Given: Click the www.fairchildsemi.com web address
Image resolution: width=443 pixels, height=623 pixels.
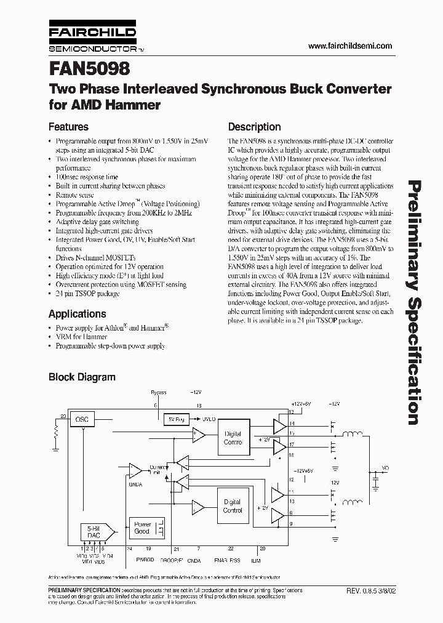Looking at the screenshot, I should tap(349, 46).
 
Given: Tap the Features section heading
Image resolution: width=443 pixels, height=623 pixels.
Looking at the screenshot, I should tap(68, 127).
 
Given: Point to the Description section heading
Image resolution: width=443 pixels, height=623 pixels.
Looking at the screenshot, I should tap(254, 127).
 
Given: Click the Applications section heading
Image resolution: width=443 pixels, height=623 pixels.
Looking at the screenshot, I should tap(77, 313).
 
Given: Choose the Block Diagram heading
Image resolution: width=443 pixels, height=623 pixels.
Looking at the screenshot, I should tap(82, 377).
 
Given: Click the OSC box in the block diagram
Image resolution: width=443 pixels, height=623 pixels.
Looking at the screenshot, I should tap(82, 419).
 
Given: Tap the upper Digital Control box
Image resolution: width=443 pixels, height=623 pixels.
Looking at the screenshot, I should tap(233, 438).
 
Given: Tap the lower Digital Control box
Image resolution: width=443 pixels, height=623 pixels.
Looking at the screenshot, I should tap(233, 506).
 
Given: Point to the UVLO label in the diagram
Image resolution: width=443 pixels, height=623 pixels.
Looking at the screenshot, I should tap(208, 419).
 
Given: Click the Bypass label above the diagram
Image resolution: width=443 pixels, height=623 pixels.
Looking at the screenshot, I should tap(158, 392).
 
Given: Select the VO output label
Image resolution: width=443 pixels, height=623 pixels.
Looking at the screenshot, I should tap(385, 468).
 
